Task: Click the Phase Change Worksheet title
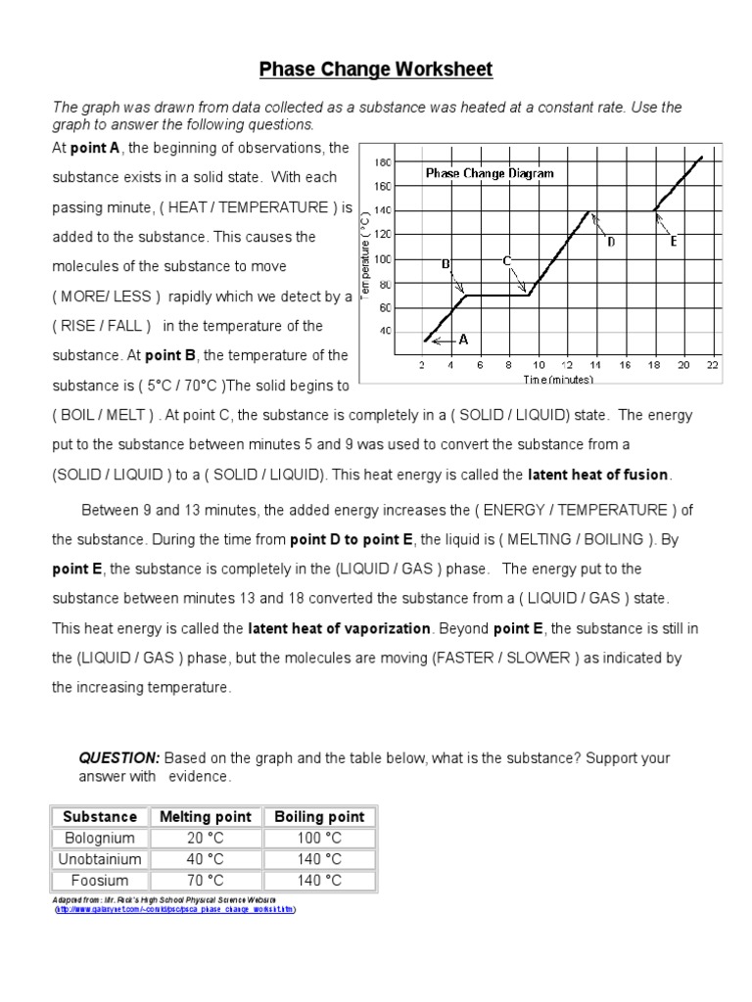tap(375, 69)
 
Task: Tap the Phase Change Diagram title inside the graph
tap(489, 173)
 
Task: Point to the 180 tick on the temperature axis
tap(383, 161)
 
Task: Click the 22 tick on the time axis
tap(712, 364)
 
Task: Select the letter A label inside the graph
tap(464, 340)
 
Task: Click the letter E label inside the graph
tap(674, 241)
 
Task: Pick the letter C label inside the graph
tap(507, 260)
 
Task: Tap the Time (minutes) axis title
tap(557, 379)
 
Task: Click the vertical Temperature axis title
tap(367, 253)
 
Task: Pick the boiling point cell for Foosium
tap(319, 880)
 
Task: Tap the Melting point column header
tap(206, 816)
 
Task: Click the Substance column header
tap(100, 816)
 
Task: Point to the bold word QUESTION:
tap(118, 758)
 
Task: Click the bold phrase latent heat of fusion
tap(598, 475)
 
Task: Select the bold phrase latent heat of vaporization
tap(339, 628)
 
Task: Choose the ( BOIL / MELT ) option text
tap(102, 415)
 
